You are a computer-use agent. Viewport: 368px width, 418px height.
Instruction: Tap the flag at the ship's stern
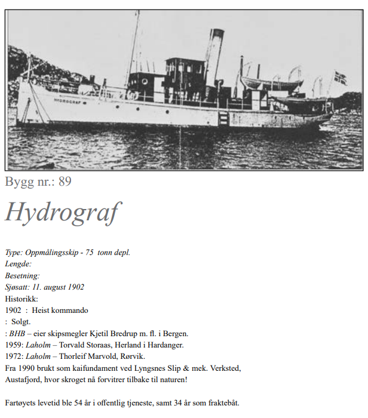pos(340,78)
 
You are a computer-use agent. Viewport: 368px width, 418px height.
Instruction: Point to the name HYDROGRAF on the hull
pos(66,101)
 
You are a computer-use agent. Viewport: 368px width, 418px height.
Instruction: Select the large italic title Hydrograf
pos(63,212)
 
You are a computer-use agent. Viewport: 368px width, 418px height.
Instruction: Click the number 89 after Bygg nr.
pos(65,182)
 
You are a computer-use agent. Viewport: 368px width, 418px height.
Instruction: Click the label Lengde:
pos(19,264)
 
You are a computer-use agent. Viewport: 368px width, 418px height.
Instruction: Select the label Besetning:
pos(23,275)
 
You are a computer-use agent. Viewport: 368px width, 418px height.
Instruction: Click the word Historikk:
pos(22,299)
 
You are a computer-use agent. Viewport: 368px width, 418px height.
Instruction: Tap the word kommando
pos(71,310)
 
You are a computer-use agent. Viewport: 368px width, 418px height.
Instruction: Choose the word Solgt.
pos(22,321)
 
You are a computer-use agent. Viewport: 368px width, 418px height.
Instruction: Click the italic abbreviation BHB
pos(17,333)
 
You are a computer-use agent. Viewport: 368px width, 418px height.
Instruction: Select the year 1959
pos(14,345)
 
